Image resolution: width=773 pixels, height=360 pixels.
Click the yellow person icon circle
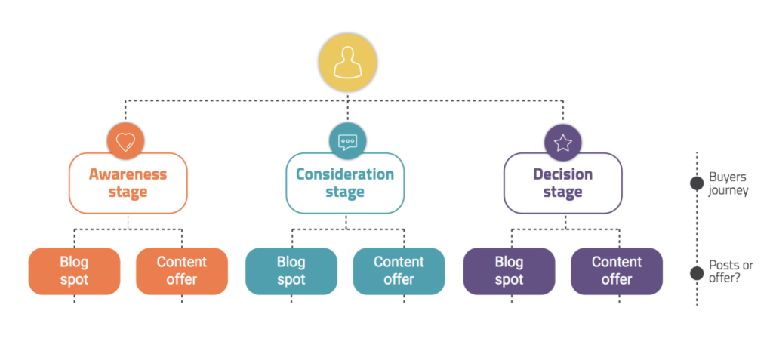tap(347, 63)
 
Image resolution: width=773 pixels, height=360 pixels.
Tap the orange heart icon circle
tap(126, 142)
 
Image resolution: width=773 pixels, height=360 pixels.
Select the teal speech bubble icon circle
tap(347, 142)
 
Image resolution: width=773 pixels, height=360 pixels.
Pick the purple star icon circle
tap(563, 142)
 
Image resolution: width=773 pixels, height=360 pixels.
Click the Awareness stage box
tap(128, 183)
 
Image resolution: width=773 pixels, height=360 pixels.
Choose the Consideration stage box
tap(345, 183)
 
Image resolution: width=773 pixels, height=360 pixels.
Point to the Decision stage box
tap(563, 183)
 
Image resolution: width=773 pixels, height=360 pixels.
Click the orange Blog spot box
tap(75, 271)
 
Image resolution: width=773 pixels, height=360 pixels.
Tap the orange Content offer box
tap(182, 271)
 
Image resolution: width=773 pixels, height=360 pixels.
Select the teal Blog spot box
tap(291, 271)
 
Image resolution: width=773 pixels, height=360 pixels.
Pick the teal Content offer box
tap(399, 271)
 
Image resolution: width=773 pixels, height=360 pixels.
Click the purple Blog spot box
tap(510, 271)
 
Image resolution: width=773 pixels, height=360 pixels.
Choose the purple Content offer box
tap(617, 271)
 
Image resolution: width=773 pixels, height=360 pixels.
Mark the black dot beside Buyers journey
tap(697, 183)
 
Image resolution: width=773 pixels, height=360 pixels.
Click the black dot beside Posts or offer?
tap(697, 272)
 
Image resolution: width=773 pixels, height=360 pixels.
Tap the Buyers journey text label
tap(728, 184)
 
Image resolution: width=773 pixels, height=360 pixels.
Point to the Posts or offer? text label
tap(731, 272)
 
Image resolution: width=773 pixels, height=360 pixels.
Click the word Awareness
tap(128, 174)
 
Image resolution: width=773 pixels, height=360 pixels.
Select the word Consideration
tap(345, 174)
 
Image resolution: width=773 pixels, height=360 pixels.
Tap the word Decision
tap(563, 174)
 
